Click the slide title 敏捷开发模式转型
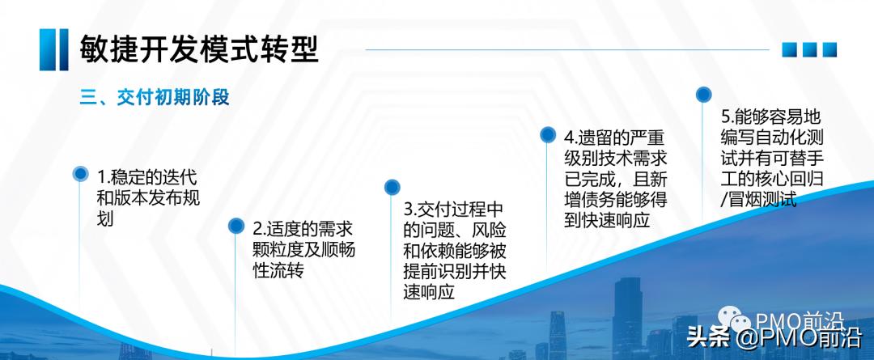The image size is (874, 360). [198, 49]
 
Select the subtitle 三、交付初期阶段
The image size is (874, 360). [155, 98]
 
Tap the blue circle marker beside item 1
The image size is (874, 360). [80, 173]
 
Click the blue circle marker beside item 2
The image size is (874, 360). [235, 225]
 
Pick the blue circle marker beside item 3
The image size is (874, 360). [392, 187]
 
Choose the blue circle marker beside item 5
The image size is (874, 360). [704, 94]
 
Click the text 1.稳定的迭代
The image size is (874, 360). [146, 177]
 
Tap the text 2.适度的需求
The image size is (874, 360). [303, 229]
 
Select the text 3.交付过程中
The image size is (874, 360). [460, 207]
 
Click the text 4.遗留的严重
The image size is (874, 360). [615, 136]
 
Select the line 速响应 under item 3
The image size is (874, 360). [428, 291]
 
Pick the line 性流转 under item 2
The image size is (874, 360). [278, 270]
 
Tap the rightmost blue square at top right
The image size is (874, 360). [829, 50]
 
